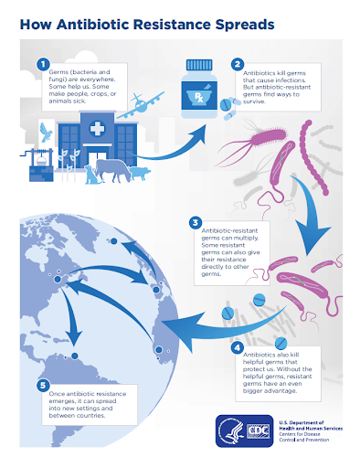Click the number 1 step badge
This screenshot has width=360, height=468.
click(x=43, y=64)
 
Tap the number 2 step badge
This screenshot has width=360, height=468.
click(x=238, y=64)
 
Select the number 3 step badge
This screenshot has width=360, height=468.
click(x=196, y=223)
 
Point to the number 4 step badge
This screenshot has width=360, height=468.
click(x=238, y=347)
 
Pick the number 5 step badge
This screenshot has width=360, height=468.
click(x=43, y=385)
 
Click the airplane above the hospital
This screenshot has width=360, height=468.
click(x=141, y=105)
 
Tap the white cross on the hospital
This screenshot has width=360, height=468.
click(x=97, y=128)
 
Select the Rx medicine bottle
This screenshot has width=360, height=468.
click(x=199, y=89)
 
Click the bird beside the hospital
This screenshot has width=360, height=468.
click(x=46, y=132)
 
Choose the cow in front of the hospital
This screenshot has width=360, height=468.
click(x=112, y=170)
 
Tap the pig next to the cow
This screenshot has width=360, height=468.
click(x=140, y=173)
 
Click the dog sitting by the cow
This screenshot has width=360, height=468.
click(x=90, y=175)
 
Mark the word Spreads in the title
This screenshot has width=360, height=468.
click(x=245, y=25)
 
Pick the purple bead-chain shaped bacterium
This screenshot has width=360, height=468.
click(x=313, y=158)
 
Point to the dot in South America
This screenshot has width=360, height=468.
click(x=75, y=356)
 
